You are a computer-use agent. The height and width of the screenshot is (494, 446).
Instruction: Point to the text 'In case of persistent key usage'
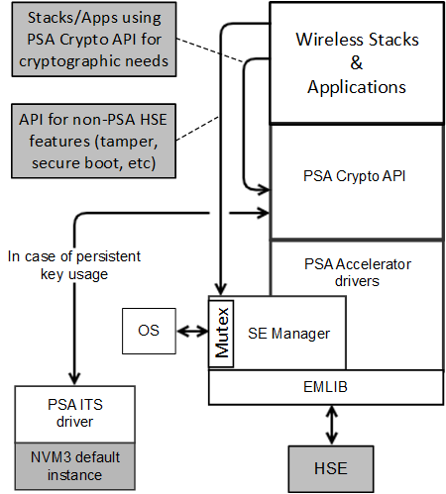(74, 265)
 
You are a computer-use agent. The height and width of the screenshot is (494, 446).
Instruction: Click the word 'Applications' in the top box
(357, 86)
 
